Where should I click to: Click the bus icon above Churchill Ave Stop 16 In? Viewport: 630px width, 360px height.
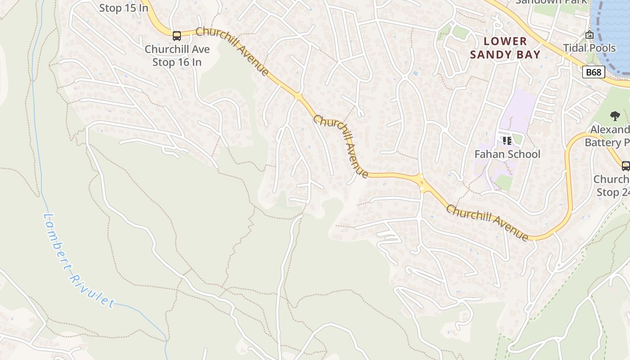pyautogui.click(x=177, y=36)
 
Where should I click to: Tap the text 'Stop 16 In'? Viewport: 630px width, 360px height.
pyautogui.click(x=177, y=62)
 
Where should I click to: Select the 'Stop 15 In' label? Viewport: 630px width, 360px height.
pyautogui.click(x=123, y=8)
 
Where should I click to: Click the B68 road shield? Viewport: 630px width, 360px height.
pyautogui.click(x=593, y=72)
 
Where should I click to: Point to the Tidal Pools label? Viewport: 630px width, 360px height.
pyautogui.click(x=589, y=48)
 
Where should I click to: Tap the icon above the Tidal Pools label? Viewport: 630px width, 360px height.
pyautogui.click(x=589, y=35)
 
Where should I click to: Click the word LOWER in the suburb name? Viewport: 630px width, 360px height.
pyautogui.click(x=505, y=41)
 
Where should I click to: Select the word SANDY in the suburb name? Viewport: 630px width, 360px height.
pyautogui.click(x=491, y=55)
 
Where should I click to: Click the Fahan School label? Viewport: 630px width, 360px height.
pyautogui.click(x=507, y=154)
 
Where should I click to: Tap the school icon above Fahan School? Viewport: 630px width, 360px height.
pyautogui.click(x=507, y=141)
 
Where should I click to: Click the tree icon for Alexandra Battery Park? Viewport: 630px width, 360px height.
pyautogui.click(x=615, y=116)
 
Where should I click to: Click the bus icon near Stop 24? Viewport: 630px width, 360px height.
pyautogui.click(x=625, y=166)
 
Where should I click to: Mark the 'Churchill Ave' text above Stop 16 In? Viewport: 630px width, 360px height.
pyautogui.click(x=177, y=49)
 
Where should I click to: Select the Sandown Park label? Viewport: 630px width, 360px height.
pyautogui.click(x=551, y=2)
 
